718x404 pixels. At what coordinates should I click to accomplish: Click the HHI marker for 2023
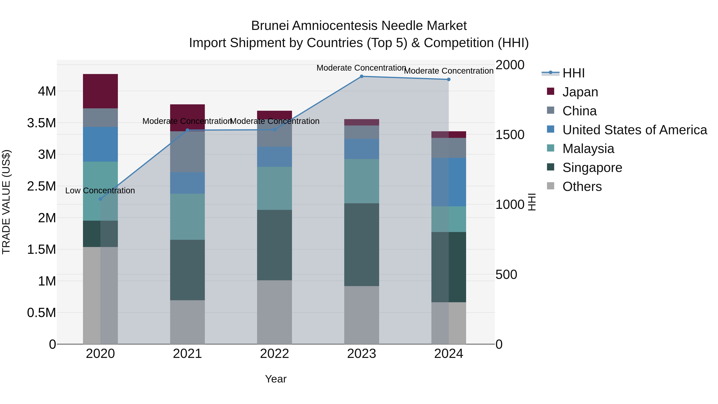(362, 76)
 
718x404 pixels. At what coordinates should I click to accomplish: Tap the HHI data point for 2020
(100, 199)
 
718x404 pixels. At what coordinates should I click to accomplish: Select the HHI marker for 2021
(187, 130)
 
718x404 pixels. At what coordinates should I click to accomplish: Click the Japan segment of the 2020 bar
(100, 91)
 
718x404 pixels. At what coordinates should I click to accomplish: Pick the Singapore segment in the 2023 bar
(362, 245)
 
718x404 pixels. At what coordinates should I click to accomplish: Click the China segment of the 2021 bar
(187, 152)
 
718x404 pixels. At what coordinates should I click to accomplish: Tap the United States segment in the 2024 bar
(449, 182)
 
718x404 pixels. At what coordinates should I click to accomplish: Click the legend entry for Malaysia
(588, 149)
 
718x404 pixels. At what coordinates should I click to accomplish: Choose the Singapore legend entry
(592, 168)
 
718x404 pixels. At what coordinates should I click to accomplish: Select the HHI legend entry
(573, 73)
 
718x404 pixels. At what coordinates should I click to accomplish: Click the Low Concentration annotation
(100, 191)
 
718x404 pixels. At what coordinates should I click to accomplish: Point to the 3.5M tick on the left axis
(41, 123)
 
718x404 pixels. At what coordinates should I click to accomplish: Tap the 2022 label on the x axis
(274, 354)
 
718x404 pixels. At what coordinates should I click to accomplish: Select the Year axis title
(276, 379)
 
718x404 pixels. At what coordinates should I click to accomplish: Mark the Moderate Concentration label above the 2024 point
(449, 71)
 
